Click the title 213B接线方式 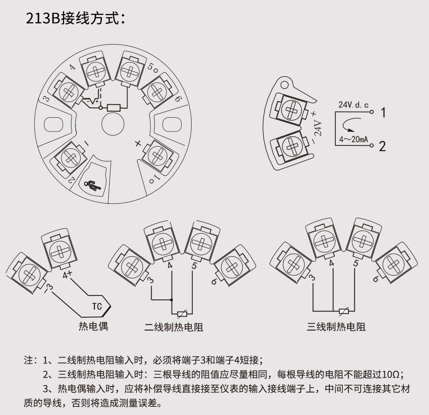point(75,19)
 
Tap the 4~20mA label point(353,140)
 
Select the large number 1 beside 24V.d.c point(383,113)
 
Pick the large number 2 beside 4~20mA point(382,146)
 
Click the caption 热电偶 point(93,326)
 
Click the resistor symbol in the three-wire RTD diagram point(344,311)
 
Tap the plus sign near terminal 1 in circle point(138,144)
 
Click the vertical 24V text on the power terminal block point(318,128)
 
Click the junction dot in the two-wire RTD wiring point(172,299)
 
